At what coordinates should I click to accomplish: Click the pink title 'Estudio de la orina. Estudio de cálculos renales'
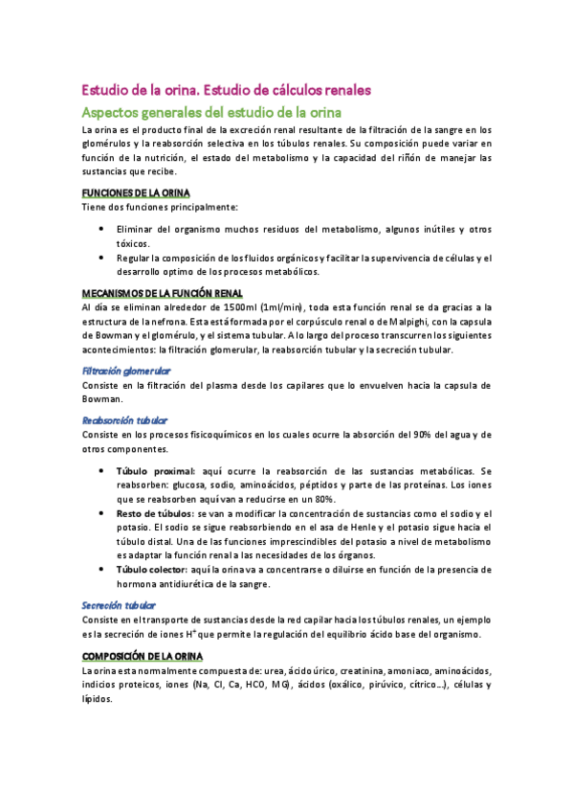[x=226, y=90]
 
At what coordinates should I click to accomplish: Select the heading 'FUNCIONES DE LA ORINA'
[x=136, y=192]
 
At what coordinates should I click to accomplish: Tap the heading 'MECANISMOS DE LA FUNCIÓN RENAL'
[x=162, y=292]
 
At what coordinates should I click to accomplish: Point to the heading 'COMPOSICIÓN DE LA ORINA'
[x=142, y=655]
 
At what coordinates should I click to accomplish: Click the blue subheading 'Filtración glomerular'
[x=125, y=370]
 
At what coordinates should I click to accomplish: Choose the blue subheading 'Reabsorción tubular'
[x=123, y=420]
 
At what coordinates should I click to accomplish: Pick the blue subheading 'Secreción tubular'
[x=119, y=606]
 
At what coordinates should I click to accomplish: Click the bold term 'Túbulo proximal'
[x=154, y=471]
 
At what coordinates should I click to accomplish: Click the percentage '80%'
[x=323, y=499]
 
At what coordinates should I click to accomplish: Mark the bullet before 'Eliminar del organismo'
[x=101, y=230]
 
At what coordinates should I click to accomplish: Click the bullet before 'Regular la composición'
[x=101, y=259]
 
